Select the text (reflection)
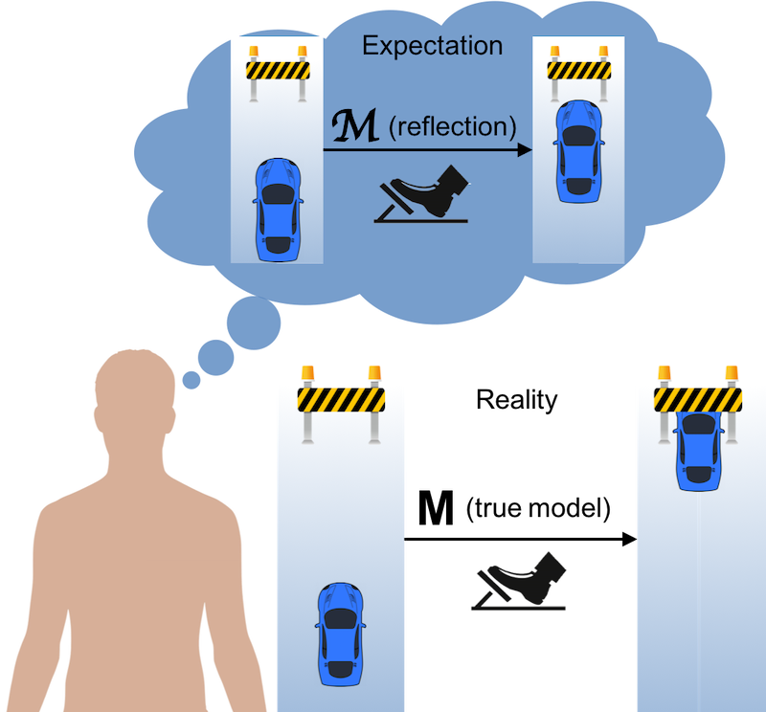450,125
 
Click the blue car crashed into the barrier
698,448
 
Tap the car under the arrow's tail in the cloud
278,208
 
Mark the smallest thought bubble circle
191,381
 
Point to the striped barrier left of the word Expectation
277,70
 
